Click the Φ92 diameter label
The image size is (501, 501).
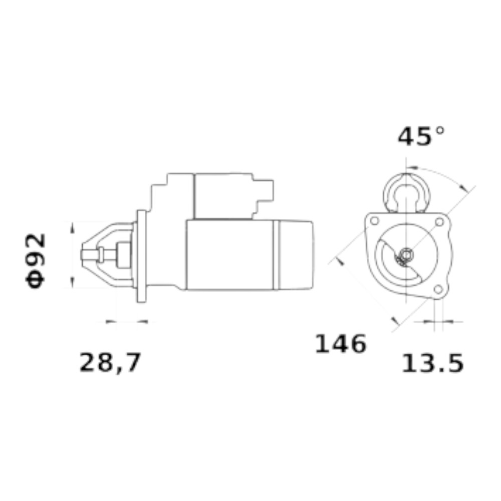click(36, 261)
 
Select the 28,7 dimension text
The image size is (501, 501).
click(110, 363)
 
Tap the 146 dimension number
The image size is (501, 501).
click(341, 344)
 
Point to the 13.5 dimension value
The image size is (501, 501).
click(432, 363)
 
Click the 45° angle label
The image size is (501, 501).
click(421, 136)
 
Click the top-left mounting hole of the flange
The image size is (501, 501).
click(374, 220)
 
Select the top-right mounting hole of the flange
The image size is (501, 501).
click(440, 222)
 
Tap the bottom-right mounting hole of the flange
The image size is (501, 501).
click(438, 289)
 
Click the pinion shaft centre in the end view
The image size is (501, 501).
click(406, 255)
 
